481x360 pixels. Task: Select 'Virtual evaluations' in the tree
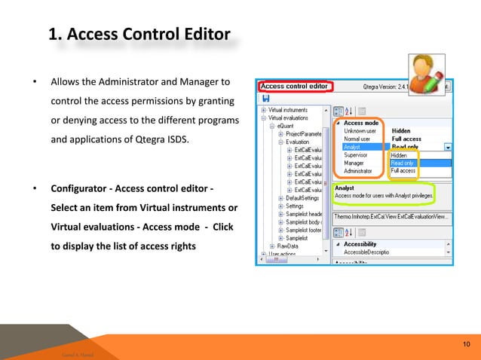point(292,117)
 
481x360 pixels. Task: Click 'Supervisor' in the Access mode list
point(360,155)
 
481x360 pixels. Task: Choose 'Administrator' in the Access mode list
point(362,171)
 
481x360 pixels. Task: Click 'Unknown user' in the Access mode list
point(361,130)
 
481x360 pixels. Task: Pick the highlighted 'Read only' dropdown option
point(404,163)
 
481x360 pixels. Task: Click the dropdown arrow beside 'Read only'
point(449,147)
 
